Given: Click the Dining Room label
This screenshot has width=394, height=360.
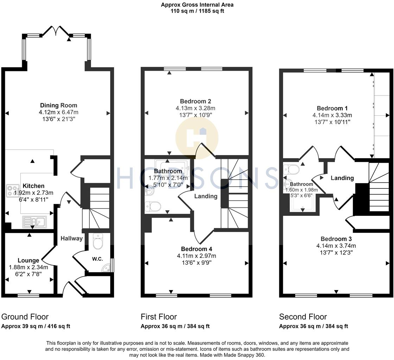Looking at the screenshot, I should tap(58, 105).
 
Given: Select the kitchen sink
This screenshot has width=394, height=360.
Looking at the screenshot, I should tap(34, 221).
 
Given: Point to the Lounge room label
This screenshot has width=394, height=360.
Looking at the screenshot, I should tap(28, 261).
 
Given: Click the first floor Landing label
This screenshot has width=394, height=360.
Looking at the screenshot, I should tap(206, 196).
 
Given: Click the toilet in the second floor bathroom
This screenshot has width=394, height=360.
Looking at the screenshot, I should tap(292, 169).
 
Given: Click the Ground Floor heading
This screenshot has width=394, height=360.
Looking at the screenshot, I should tap(25, 317).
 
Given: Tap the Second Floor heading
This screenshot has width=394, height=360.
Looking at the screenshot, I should tap(303, 317).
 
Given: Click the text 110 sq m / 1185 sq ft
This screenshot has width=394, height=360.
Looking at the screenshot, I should tap(197, 11).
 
